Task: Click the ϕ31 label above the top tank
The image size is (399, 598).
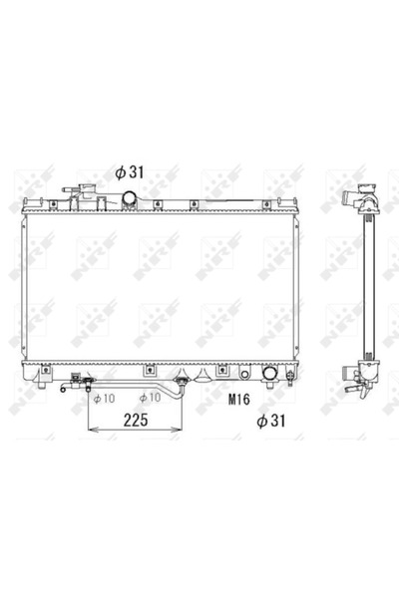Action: [x=130, y=172]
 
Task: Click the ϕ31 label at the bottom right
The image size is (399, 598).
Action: [x=271, y=421]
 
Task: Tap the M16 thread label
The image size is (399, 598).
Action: [x=239, y=400]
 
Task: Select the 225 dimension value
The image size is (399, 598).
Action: [x=136, y=420]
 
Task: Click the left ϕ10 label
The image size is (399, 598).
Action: [x=104, y=399]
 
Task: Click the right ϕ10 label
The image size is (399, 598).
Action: [x=150, y=398]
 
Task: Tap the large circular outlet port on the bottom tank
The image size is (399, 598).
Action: [x=269, y=373]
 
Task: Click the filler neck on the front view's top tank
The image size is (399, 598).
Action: [x=88, y=188]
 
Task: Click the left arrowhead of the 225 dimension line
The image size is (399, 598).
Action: [x=92, y=430]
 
